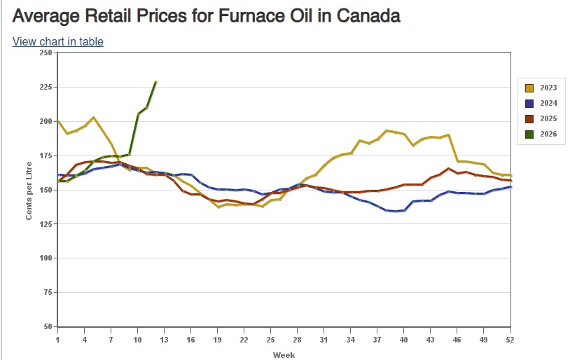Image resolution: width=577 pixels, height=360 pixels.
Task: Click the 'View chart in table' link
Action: click(x=57, y=41)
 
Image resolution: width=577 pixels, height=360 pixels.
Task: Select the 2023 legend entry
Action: click(x=542, y=88)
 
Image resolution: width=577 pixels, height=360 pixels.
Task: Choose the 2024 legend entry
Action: click(x=542, y=103)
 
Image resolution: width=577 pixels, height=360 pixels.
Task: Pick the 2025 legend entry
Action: click(x=542, y=118)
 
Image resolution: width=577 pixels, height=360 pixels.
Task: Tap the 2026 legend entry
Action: click(x=542, y=133)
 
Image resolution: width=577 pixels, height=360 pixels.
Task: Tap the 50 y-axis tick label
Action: click(x=47, y=327)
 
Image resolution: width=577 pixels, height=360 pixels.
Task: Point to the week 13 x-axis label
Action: click(x=163, y=340)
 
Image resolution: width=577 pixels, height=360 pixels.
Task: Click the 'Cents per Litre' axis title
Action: click(x=29, y=190)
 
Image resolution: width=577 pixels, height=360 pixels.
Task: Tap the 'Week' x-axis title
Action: click(x=284, y=354)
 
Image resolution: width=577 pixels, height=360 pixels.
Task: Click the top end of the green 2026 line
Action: click(x=155, y=82)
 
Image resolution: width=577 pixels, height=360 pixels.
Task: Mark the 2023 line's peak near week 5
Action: click(x=94, y=118)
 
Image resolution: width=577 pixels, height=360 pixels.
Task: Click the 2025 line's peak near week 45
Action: click(x=448, y=169)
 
